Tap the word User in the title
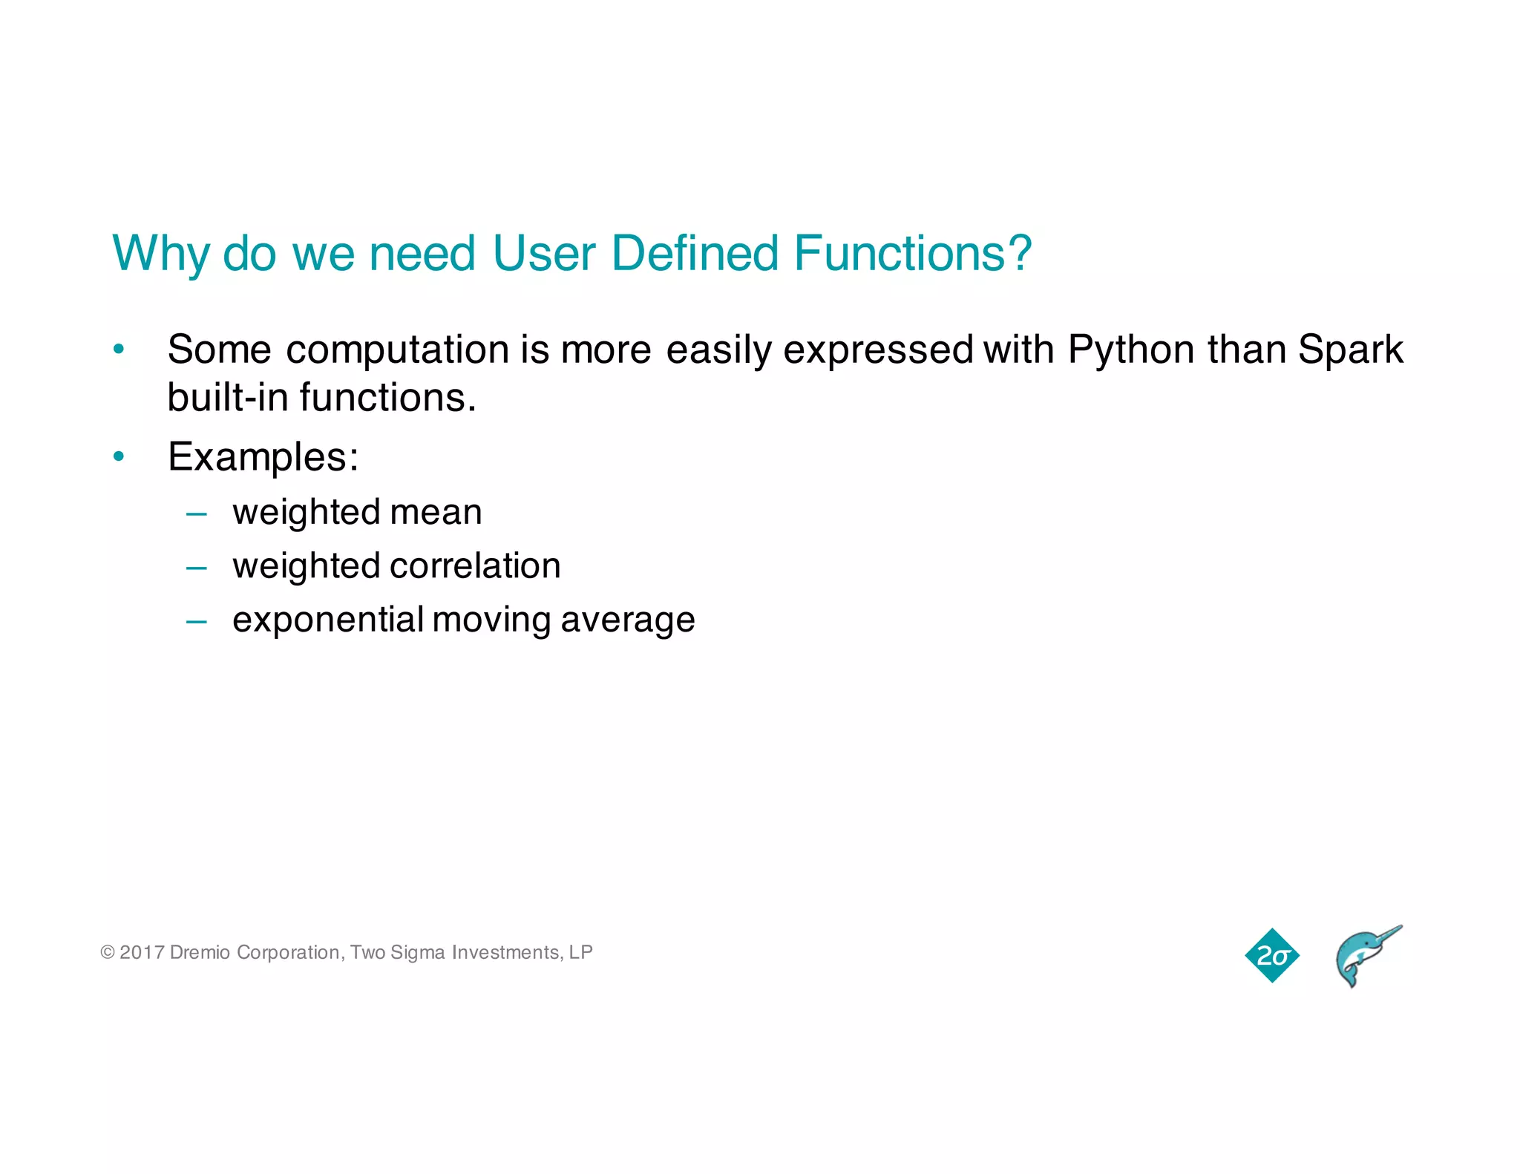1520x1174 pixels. point(543,253)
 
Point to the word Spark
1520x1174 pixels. point(1351,350)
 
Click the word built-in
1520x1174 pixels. point(226,397)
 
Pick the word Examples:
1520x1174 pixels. point(263,456)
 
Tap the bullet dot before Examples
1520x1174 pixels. point(119,456)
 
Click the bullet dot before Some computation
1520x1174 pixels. point(119,349)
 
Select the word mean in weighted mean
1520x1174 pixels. point(436,512)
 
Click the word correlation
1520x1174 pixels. point(476,565)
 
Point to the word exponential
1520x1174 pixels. point(327,620)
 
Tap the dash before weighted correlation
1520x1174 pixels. point(197,568)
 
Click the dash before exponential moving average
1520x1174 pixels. point(197,621)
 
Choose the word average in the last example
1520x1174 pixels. point(628,620)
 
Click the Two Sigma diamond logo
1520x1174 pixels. point(1272,955)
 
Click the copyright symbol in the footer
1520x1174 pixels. point(108,952)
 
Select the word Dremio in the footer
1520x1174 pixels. point(200,952)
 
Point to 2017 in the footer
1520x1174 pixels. point(142,952)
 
